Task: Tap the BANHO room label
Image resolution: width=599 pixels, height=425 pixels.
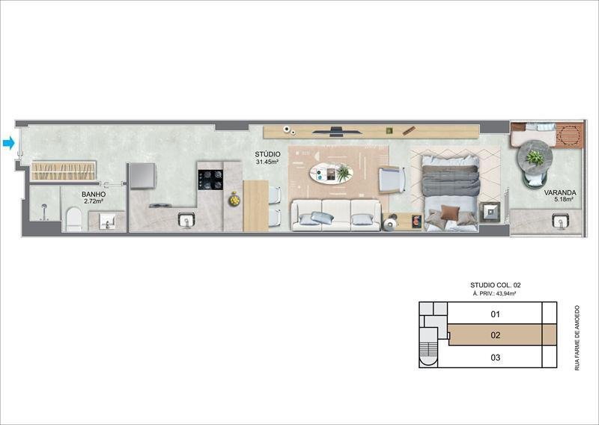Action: coord(94,195)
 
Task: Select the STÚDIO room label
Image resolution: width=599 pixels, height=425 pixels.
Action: coord(267,154)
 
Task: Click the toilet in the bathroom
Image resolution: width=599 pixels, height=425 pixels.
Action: coord(73,219)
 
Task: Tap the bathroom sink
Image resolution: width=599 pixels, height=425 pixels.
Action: coord(107,221)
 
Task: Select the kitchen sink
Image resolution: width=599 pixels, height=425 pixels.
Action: coord(186,219)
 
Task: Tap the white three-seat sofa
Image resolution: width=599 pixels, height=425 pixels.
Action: coord(335,215)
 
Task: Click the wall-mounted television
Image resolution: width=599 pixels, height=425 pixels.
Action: coord(335,131)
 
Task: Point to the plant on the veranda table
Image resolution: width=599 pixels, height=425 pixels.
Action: coord(535,158)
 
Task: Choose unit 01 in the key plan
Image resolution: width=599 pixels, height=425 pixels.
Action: coord(495,314)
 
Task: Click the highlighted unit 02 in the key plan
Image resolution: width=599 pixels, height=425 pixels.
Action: coord(495,335)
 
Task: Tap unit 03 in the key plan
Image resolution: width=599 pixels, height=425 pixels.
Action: coord(495,358)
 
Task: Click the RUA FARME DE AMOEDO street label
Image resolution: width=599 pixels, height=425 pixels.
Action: coord(577,337)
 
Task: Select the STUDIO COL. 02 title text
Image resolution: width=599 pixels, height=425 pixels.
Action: coord(495,285)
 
